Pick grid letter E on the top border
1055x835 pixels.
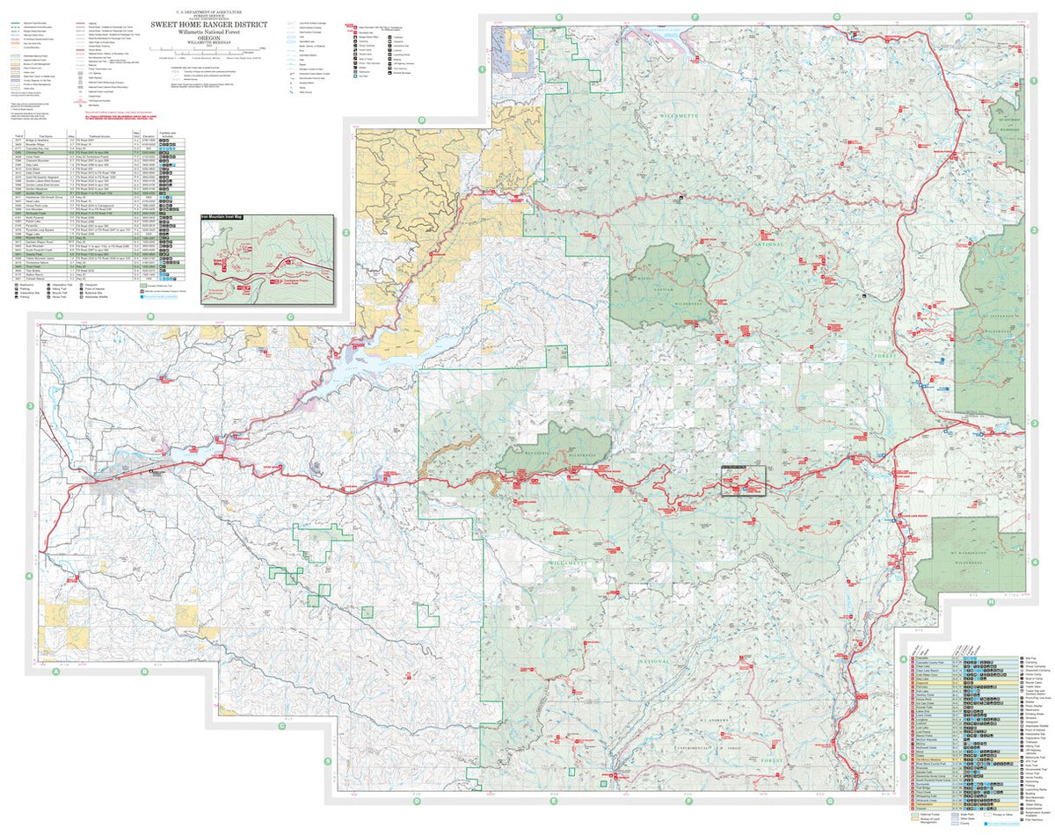point(557,16)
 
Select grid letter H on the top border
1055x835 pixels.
point(969,16)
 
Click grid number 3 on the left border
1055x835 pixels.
point(31,406)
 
